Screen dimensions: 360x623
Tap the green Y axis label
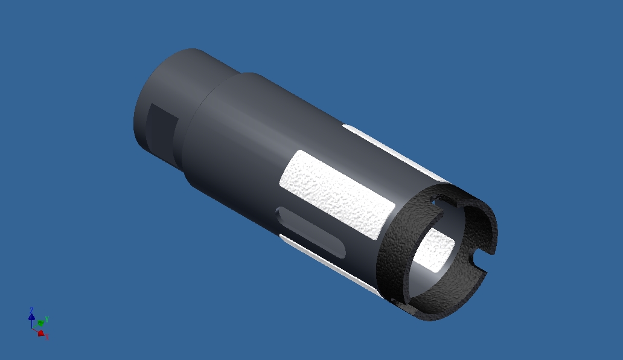(x=47, y=319)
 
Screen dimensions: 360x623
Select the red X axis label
(x=47, y=337)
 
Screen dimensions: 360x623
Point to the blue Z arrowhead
(x=31, y=317)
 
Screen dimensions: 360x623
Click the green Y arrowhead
(x=40, y=323)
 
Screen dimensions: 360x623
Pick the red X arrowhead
(x=40, y=333)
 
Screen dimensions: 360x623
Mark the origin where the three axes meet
(x=33, y=327)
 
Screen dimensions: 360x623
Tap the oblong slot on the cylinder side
(x=310, y=233)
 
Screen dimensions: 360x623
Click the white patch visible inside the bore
(x=436, y=248)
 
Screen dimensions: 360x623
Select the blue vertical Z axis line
(x=32, y=323)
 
